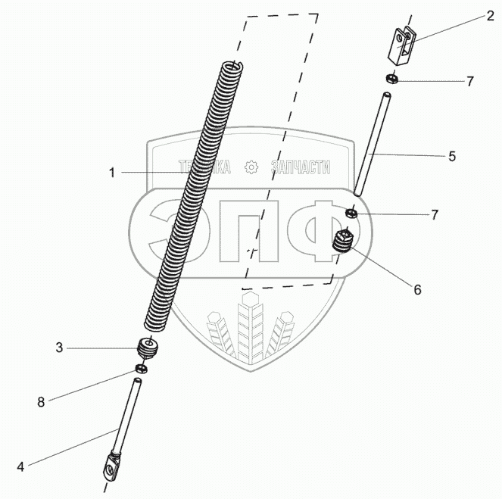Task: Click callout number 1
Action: pyautogui.click(x=112, y=173)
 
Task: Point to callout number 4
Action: pyautogui.click(x=20, y=466)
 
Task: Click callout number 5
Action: pyautogui.click(x=451, y=156)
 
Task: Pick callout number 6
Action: pyautogui.click(x=416, y=288)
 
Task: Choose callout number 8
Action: pyautogui.click(x=41, y=401)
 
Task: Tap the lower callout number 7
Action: pyautogui.click(x=435, y=214)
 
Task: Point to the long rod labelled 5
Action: pyautogui.click(x=371, y=144)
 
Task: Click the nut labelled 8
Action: pyautogui.click(x=139, y=369)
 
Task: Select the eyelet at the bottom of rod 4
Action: pyautogui.click(x=109, y=465)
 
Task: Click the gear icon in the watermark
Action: pyautogui.click(x=251, y=167)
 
